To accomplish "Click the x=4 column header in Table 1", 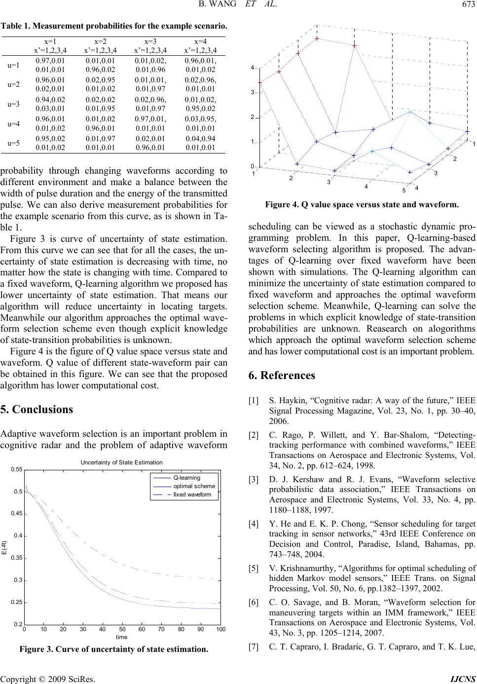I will (x=200, y=42).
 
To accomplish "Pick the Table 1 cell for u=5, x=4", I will (x=200, y=143).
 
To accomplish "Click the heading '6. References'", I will (x=283, y=376).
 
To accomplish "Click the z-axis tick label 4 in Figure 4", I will (x=252, y=68).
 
